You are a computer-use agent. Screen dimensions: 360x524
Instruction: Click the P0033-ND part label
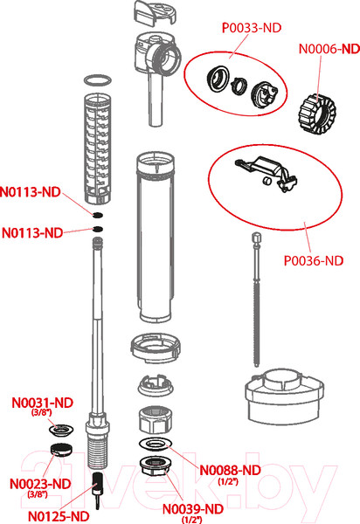coord(252,28)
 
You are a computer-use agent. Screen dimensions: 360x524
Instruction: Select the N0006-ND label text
coord(329,49)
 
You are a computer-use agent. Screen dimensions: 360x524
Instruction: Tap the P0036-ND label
coord(314,260)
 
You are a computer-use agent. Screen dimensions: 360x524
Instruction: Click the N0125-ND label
coord(59,516)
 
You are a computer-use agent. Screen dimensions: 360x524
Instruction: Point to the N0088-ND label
coord(230,470)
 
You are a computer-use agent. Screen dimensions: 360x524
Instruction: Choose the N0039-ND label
coord(193,509)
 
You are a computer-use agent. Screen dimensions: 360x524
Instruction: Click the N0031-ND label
coord(43,403)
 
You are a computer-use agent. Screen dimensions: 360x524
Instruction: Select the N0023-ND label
coord(40,484)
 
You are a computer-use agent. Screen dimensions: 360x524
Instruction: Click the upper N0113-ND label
coord(30,192)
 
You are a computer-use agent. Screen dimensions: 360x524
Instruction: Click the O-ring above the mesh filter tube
coord(97,80)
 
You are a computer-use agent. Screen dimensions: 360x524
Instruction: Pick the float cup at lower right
coord(284,396)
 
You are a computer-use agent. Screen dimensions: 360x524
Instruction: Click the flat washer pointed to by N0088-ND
coord(156,444)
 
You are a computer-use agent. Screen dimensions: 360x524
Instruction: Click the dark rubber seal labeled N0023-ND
coord(61,449)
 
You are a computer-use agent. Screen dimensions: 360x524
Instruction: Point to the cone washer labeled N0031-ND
coord(61,430)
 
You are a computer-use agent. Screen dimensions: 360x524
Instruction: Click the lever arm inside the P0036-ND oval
coord(267,172)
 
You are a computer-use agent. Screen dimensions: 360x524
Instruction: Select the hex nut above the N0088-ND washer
coord(156,419)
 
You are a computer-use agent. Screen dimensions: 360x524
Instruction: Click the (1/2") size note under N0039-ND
coord(192,520)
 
